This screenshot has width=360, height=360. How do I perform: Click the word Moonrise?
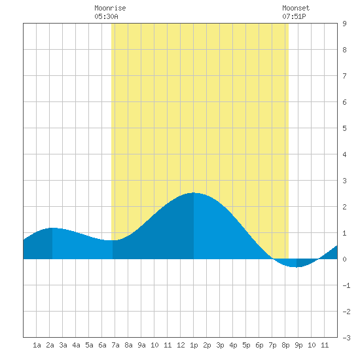pyautogui.click(x=110, y=8)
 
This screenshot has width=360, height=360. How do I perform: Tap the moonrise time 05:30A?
pyautogui.click(x=106, y=16)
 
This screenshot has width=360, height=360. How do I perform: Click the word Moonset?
pyautogui.click(x=296, y=8)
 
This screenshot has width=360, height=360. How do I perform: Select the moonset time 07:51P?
pyautogui.click(x=294, y=16)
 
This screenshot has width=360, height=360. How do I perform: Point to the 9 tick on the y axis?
pyautogui.click(x=344, y=24)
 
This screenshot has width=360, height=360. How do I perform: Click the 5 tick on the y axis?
pyautogui.click(x=344, y=128)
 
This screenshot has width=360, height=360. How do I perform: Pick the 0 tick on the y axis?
pyautogui.click(x=344, y=259)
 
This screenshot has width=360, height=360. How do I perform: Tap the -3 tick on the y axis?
pyautogui.click(x=346, y=338)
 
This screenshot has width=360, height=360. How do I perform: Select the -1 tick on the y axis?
pyautogui.click(x=346, y=285)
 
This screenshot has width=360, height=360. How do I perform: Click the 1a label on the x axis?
pyautogui.click(x=37, y=345)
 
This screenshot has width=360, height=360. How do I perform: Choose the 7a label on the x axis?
pyautogui.click(x=115, y=345)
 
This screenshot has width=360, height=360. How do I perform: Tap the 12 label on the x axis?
pyautogui.click(x=181, y=345)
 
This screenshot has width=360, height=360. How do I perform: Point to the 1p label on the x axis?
pyautogui.click(x=194, y=345)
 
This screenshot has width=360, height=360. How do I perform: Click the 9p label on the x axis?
pyautogui.click(x=298, y=345)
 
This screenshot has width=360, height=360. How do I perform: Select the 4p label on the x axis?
pyautogui.click(x=233, y=345)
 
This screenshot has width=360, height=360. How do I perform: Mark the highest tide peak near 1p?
pyautogui.click(x=194, y=192)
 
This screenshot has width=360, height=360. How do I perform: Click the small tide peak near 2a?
pyautogui.click(x=52, y=228)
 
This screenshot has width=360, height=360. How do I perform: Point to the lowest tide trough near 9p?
pyautogui.click(x=297, y=267)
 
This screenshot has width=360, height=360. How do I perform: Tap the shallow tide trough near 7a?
pyautogui.click(x=113, y=240)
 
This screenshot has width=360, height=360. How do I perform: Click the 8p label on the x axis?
pyautogui.click(x=285, y=345)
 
